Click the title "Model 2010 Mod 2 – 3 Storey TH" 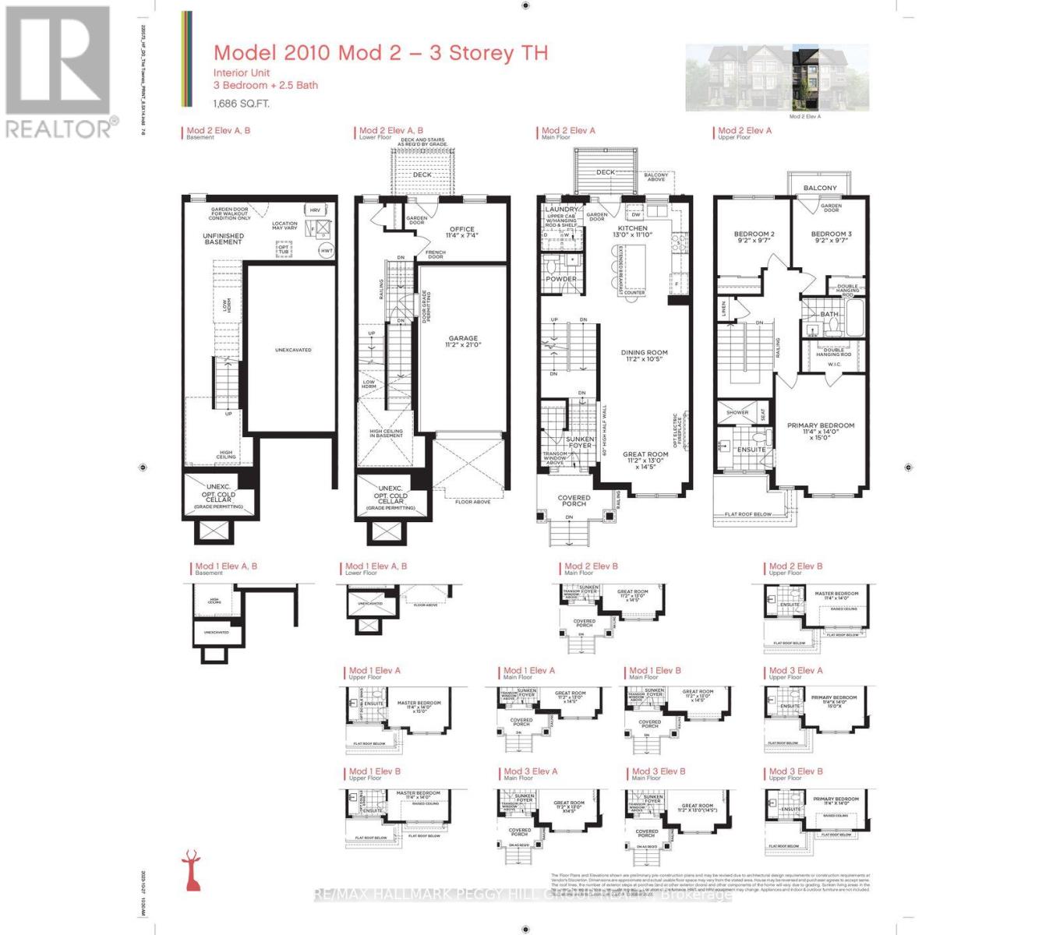click(380, 53)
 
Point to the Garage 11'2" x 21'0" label click(462, 342)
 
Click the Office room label click(462, 232)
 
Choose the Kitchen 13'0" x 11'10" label click(632, 231)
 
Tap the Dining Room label click(644, 356)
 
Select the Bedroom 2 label click(754, 237)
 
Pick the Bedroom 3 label click(831, 237)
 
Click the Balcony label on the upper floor click(820, 188)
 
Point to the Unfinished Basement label click(224, 238)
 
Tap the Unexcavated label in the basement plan click(293, 350)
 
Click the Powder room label click(561, 278)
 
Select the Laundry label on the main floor click(561, 210)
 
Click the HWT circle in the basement click(327, 251)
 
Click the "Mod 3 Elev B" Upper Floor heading click(795, 771)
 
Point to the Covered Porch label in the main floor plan click(574, 500)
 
